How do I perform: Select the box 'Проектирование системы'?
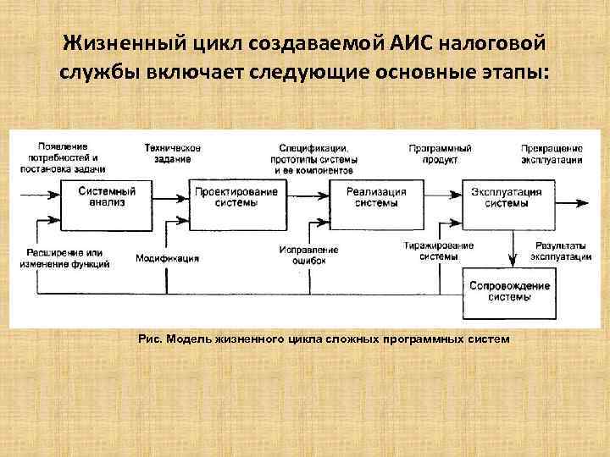pos(236,198)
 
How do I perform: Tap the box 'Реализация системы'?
pos(376,198)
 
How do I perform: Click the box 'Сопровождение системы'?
pos(510,291)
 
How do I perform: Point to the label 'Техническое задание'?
pos(173,153)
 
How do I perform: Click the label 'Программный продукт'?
pos(441,153)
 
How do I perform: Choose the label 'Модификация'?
pos(168,258)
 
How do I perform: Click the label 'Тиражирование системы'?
pos(439,251)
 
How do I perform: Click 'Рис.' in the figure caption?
pos(149,339)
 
